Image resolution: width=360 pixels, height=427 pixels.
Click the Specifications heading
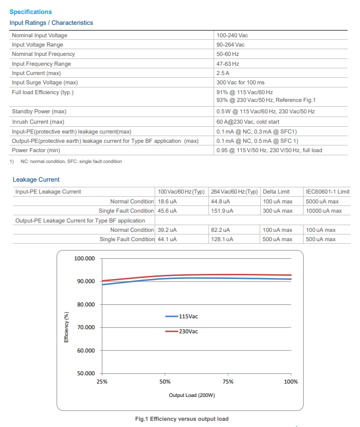[31, 12]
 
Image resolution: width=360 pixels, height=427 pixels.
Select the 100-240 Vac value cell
[233, 35]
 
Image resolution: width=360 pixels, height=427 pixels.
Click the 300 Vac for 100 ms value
[241, 82]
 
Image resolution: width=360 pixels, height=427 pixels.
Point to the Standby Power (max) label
[39, 111]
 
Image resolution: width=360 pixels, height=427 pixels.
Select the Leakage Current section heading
[36, 180]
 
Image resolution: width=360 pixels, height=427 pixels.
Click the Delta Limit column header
[277, 192]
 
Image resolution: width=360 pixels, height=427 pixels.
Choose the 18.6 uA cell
[168, 201]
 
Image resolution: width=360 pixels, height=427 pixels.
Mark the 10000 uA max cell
[324, 211]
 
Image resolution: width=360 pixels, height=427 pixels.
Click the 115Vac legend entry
[182, 316]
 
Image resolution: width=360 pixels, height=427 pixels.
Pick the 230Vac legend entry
[182, 331]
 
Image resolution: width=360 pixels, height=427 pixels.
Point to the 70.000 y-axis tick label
[85, 328]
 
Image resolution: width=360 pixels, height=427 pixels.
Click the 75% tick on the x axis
[228, 381]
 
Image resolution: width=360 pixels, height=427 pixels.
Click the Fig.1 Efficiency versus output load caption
[182, 419]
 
